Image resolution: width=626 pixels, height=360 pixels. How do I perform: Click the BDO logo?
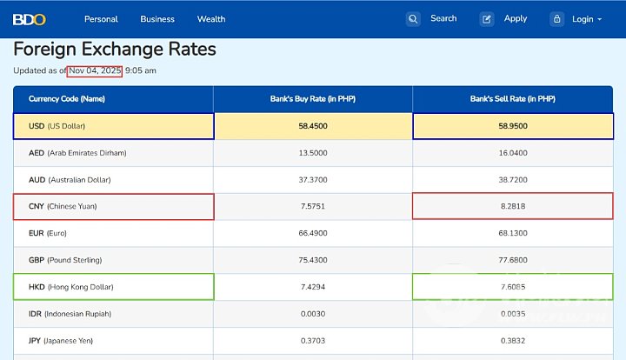click(29, 19)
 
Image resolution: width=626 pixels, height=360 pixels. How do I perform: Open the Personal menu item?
click(101, 19)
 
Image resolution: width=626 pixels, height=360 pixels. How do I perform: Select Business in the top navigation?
click(157, 19)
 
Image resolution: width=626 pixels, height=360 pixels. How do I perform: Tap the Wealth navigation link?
click(211, 19)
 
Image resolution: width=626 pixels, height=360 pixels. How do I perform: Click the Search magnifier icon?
click(413, 19)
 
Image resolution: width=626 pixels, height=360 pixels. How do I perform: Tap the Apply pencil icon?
click(487, 19)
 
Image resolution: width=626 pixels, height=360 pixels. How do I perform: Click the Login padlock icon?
click(556, 19)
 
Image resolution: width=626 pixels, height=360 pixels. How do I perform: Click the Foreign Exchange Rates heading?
click(115, 50)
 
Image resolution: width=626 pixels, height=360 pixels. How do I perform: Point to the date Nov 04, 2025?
click(97, 70)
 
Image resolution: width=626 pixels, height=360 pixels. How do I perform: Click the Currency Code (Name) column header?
click(67, 99)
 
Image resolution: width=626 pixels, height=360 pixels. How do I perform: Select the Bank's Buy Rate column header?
click(313, 99)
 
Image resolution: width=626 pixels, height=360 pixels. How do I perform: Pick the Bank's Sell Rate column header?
click(513, 99)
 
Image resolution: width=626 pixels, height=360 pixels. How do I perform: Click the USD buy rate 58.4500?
click(313, 126)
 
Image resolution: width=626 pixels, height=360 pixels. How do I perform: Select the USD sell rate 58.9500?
click(513, 126)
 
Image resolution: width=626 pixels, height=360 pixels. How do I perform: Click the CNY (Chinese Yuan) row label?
click(63, 207)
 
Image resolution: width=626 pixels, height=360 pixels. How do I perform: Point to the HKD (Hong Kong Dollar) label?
click(71, 287)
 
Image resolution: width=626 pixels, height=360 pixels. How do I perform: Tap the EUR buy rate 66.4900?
click(313, 233)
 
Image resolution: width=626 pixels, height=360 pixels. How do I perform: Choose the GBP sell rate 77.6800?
click(513, 260)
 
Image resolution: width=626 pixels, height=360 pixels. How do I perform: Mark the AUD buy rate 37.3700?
click(313, 180)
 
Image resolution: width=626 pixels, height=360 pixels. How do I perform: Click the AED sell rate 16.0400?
click(513, 153)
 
